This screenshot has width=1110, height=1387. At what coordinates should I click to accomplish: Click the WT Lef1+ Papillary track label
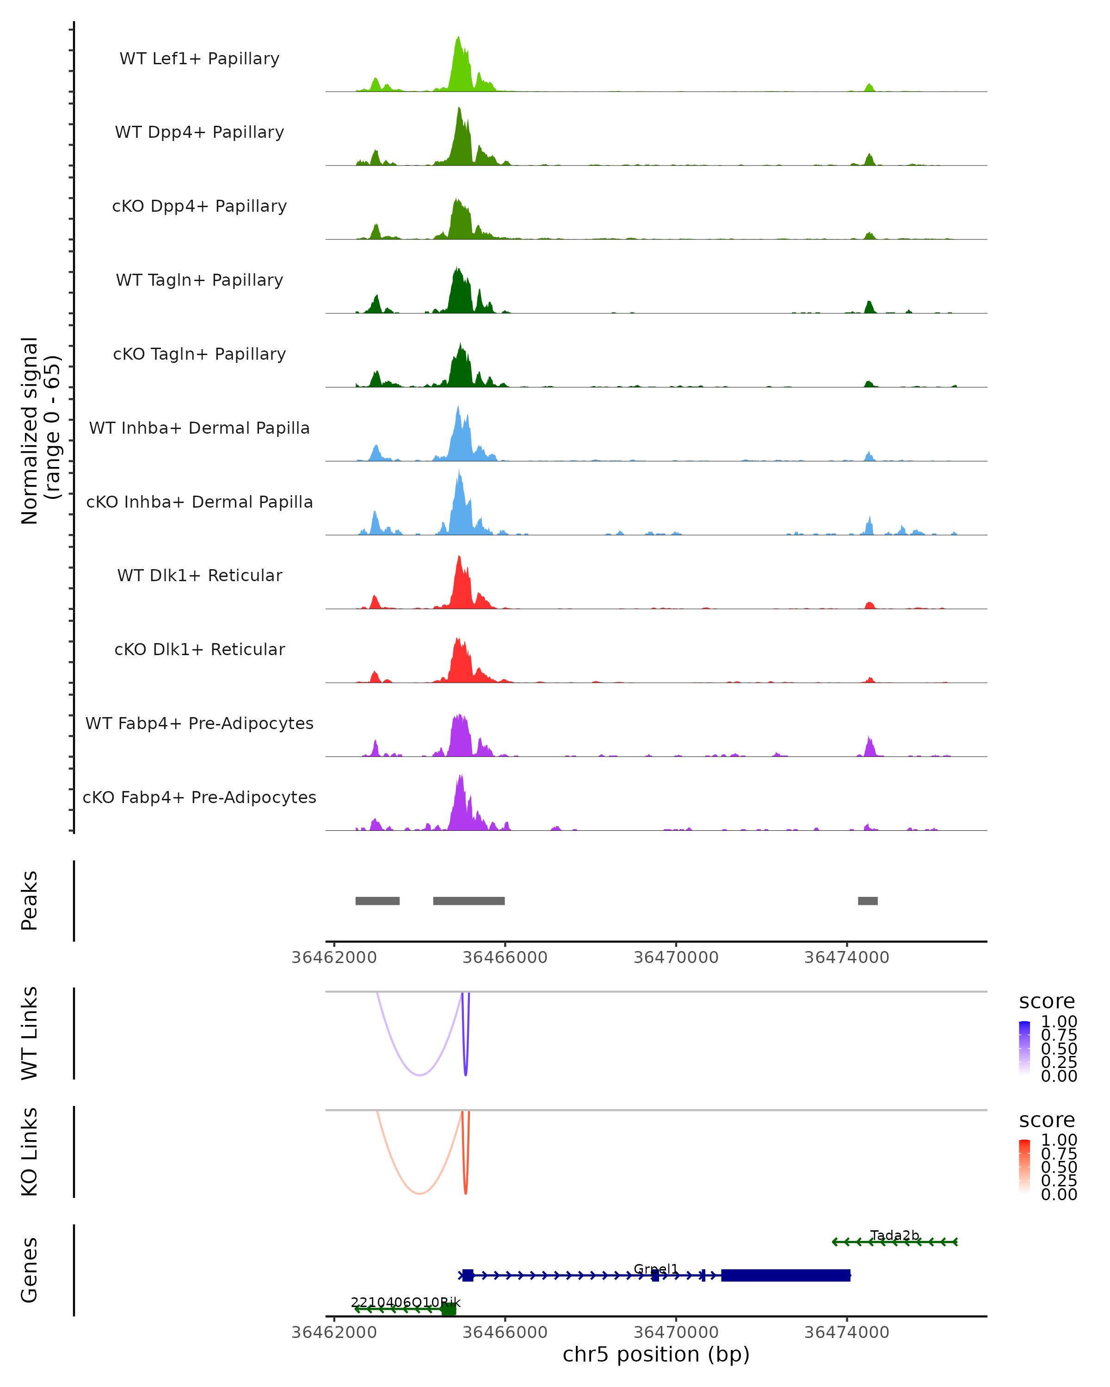point(199,59)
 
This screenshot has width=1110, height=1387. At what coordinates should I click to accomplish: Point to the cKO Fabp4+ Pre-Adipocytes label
point(199,797)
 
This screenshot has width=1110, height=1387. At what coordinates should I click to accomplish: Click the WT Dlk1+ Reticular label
point(199,576)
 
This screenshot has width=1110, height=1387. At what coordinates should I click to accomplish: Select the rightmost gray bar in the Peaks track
point(867,901)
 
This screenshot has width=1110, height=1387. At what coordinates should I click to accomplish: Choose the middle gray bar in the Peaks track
point(469,901)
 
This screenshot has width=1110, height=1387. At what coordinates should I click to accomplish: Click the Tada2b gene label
point(894,1235)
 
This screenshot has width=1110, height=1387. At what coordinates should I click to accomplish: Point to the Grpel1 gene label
point(656,1269)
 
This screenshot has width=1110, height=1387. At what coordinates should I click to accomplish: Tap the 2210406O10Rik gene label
point(406,1303)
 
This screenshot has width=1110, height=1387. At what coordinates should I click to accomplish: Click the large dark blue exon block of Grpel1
point(785,1275)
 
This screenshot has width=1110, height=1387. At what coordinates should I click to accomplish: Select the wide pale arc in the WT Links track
point(419,1074)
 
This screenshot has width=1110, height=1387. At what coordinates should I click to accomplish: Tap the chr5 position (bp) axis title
point(656,1355)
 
